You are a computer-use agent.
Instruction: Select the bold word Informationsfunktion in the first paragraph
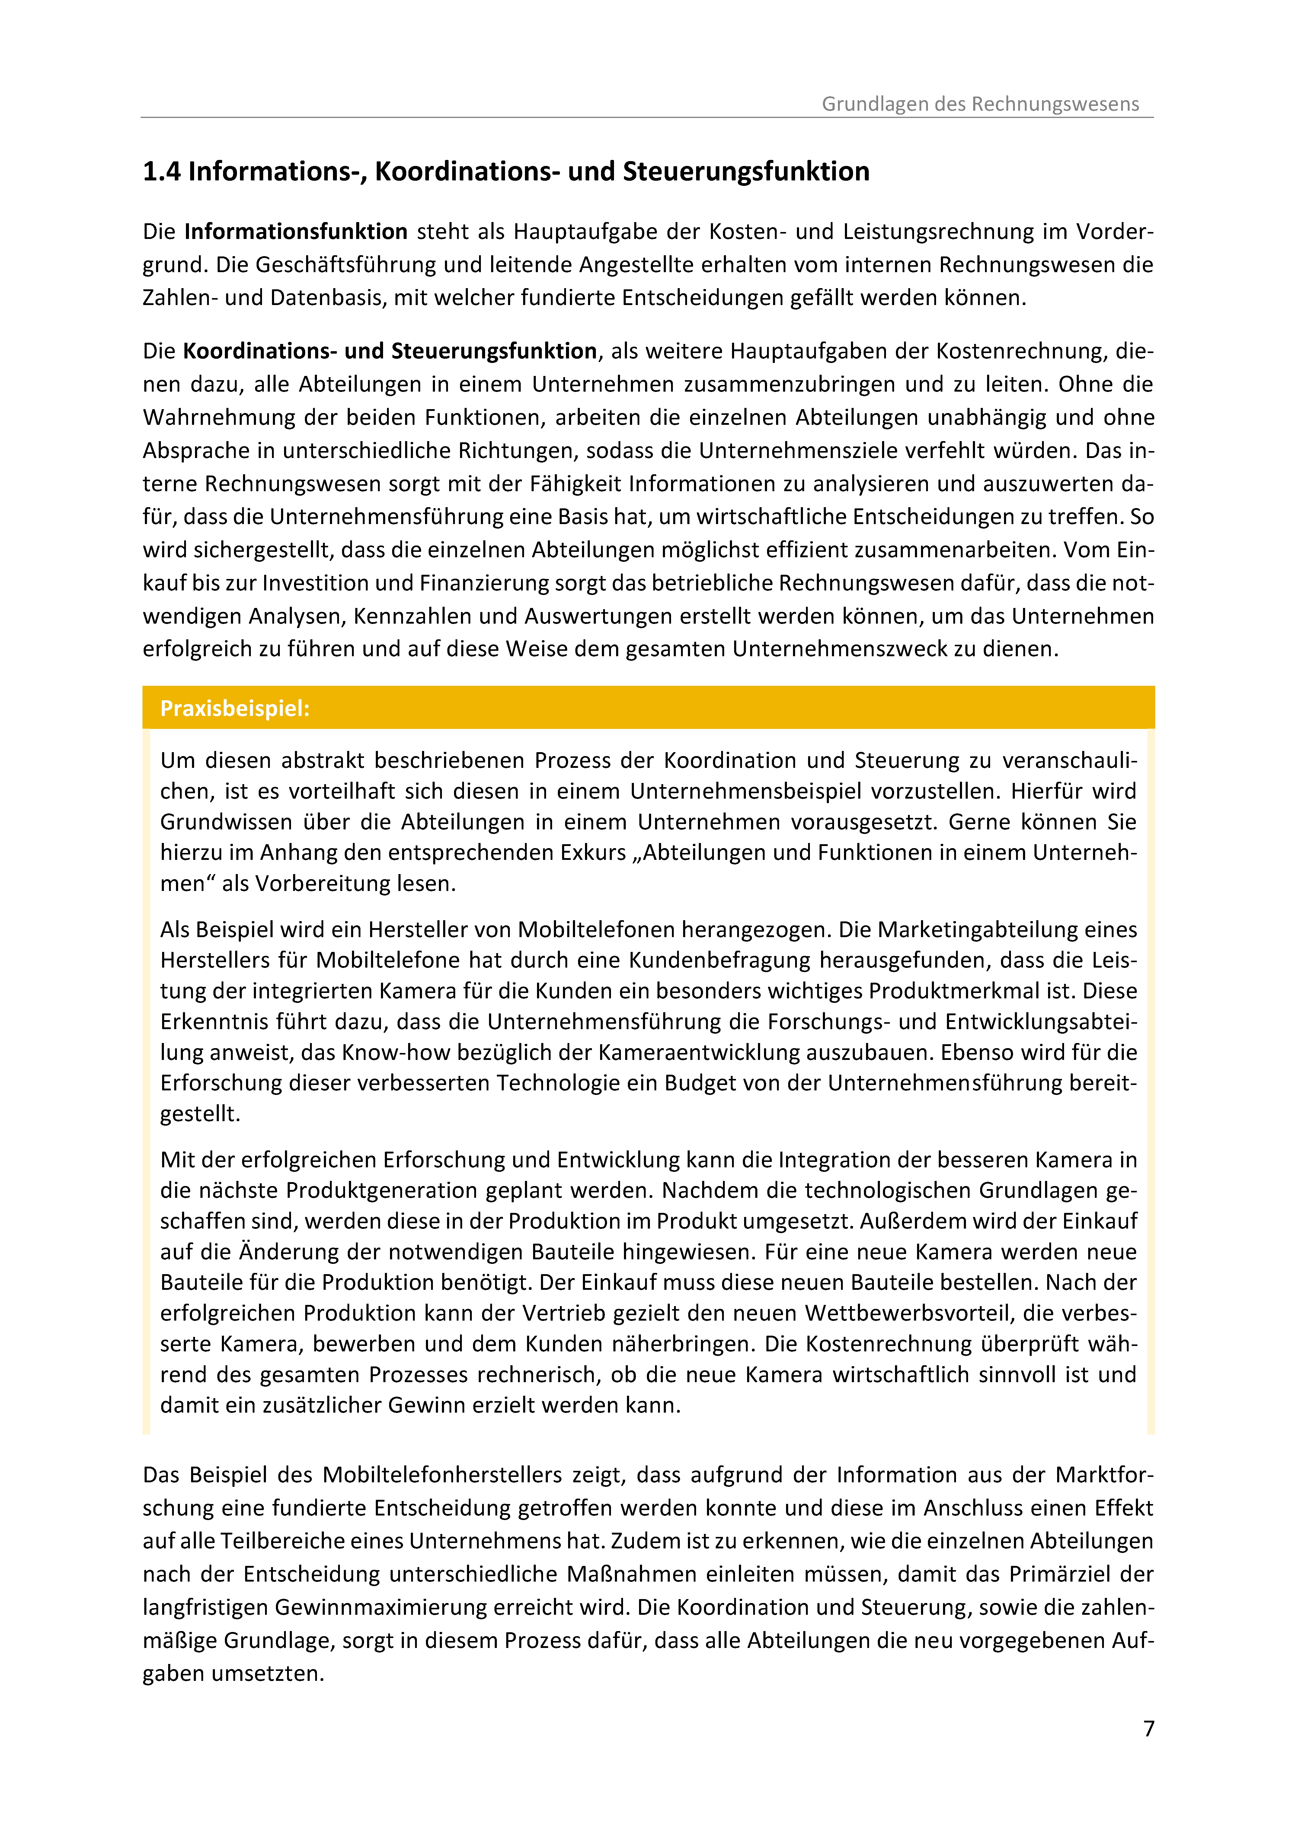pos(296,232)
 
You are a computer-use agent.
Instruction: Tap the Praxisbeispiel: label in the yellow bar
pos(234,709)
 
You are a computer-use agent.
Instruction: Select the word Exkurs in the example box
pos(593,852)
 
